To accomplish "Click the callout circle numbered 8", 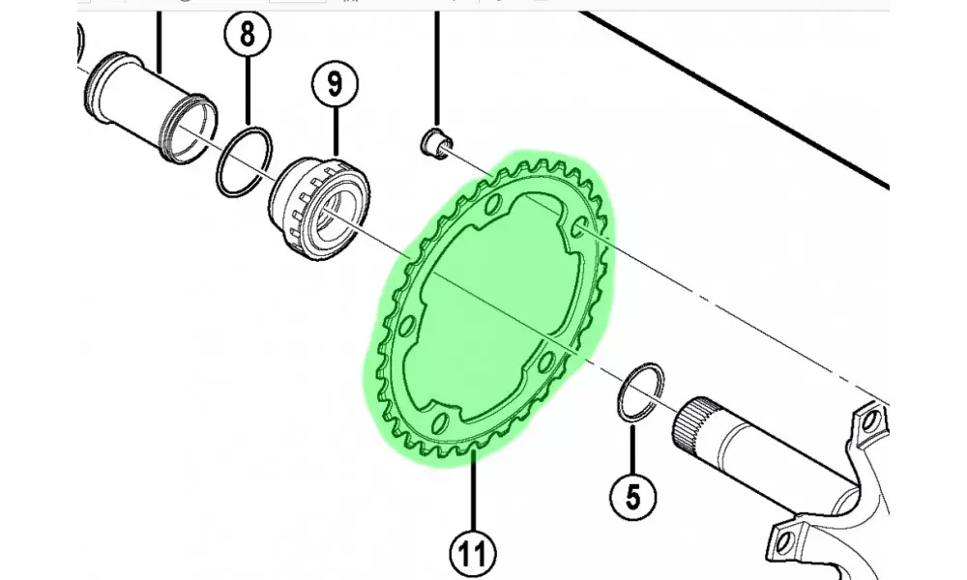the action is [x=248, y=35].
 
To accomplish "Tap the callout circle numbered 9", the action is [x=335, y=83].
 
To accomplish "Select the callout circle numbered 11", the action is [x=473, y=553].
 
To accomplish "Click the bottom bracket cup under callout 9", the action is [x=319, y=209].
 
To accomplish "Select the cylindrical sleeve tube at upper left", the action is [x=150, y=108].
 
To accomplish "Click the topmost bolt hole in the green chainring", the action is [x=493, y=203].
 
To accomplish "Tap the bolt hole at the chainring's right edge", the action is [x=580, y=227].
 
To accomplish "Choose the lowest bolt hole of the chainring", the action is [x=440, y=423].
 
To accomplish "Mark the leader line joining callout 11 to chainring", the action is [x=473, y=490].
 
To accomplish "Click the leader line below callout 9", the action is [x=336, y=131].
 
